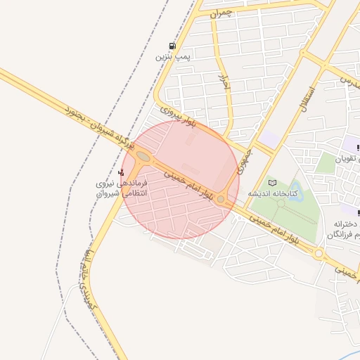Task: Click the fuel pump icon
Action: click(x=173, y=46)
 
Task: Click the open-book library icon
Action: click(x=273, y=183)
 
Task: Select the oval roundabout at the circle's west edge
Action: click(x=143, y=156)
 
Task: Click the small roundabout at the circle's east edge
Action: click(x=221, y=200)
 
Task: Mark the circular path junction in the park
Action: click(x=281, y=205)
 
